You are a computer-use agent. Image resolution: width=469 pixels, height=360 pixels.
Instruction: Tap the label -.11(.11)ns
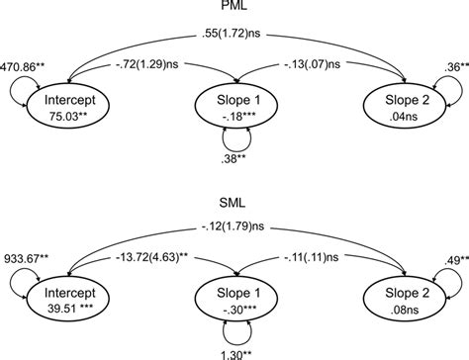tap(324, 263)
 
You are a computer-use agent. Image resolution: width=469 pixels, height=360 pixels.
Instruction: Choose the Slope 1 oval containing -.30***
tap(234, 301)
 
